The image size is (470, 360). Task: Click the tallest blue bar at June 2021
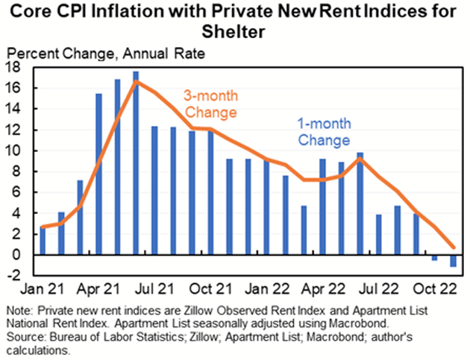pos(136,164)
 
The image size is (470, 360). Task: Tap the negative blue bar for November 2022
pos(453,261)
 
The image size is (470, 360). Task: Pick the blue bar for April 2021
pos(98,174)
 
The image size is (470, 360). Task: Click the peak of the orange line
pos(136,80)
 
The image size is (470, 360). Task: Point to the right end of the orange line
pos(453,247)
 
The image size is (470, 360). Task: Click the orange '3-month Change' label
pos(210,105)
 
